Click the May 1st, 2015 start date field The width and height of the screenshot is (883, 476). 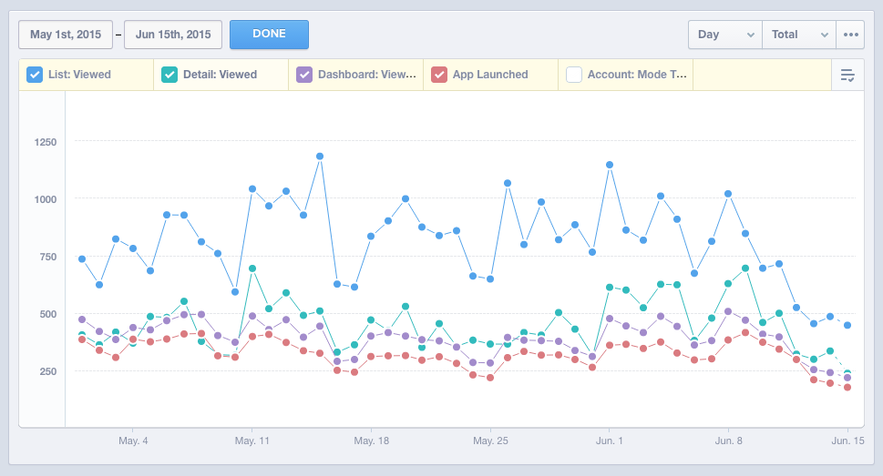pyautogui.click(x=66, y=35)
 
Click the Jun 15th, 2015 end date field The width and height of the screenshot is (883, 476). pyautogui.click(x=173, y=35)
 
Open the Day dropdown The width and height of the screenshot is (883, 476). pyautogui.click(x=724, y=35)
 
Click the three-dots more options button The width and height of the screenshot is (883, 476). pyautogui.click(x=851, y=35)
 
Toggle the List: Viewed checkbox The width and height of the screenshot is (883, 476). pyautogui.click(x=35, y=75)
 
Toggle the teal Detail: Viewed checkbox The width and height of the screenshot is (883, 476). pyautogui.click(x=169, y=75)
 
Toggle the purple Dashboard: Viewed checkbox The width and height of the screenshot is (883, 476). pyautogui.click(x=304, y=75)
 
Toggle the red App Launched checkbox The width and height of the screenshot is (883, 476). pyautogui.click(x=439, y=75)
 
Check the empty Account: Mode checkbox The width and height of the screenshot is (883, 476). pyautogui.click(x=574, y=75)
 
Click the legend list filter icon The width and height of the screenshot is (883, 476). pyautogui.click(x=847, y=75)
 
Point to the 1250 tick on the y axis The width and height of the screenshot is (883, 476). pyautogui.click(x=44, y=142)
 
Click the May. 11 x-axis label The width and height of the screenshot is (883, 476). pyautogui.click(x=252, y=441)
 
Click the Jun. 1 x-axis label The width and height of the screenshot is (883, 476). pyautogui.click(x=609, y=441)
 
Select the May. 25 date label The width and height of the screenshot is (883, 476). pyautogui.click(x=490, y=441)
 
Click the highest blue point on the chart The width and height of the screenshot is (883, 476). pyautogui.click(x=320, y=157)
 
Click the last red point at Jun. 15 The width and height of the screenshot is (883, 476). pyautogui.click(x=847, y=388)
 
